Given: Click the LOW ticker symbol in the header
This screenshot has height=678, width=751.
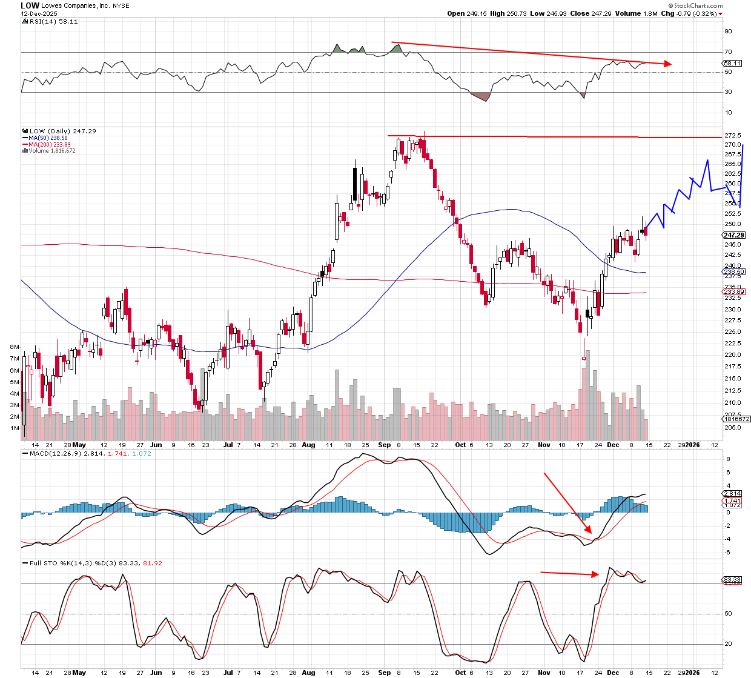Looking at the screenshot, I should (x=30, y=5).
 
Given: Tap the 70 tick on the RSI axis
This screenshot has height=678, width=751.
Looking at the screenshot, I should (x=728, y=52).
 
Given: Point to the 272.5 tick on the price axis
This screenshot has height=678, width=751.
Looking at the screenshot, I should (x=732, y=135).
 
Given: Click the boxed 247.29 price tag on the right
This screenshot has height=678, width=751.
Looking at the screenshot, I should (x=733, y=235).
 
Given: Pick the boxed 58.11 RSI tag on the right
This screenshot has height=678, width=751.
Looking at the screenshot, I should (x=732, y=63).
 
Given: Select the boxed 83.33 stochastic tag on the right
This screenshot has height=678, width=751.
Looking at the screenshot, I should (x=732, y=580).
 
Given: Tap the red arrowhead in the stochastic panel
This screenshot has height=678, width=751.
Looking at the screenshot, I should (x=596, y=574).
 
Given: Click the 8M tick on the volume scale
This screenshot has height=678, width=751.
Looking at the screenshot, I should (x=15, y=347).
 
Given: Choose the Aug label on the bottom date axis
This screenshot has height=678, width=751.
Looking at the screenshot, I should (x=308, y=673).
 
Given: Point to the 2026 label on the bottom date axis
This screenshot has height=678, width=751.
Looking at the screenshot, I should (x=692, y=673).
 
